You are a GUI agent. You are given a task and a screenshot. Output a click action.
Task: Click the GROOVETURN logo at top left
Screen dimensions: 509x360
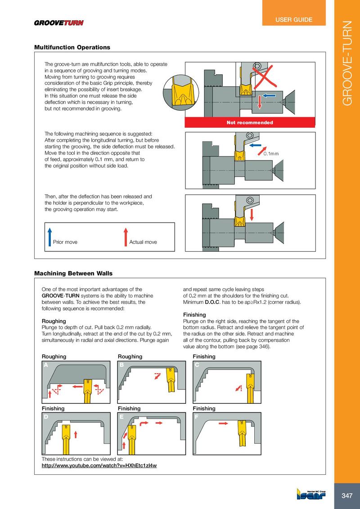(x=59, y=23)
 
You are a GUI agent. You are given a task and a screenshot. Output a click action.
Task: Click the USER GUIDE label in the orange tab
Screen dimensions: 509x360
(x=294, y=20)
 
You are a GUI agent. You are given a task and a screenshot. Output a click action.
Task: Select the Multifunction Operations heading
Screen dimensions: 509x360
(x=72, y=47)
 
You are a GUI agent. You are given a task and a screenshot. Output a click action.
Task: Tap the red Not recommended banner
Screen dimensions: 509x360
(x=250, y=122)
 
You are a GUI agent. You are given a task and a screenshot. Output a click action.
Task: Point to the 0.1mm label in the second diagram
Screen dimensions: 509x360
(x=271, y=154)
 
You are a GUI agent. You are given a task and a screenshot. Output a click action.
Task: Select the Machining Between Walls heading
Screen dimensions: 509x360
(x=73, y=273)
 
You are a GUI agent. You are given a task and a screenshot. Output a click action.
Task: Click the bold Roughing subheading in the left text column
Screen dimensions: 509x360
(x=54, y=321)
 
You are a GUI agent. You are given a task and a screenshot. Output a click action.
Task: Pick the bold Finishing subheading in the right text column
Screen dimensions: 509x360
(x=195, y=315)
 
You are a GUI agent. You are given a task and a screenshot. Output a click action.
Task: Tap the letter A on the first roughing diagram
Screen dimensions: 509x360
(x=45, y=365)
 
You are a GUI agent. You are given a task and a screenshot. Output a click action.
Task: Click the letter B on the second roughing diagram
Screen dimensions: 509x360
(x=121, y=365)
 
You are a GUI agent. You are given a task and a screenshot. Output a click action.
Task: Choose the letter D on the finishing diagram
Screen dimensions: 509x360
(x=45, y=417)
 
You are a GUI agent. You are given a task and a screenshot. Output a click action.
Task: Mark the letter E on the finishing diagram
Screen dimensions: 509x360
(x=121, y=417)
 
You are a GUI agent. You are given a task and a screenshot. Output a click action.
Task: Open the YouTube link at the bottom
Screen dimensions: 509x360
(x=99, y=465)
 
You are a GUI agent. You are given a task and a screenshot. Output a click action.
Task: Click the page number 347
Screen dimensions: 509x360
(x=346, y=496)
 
